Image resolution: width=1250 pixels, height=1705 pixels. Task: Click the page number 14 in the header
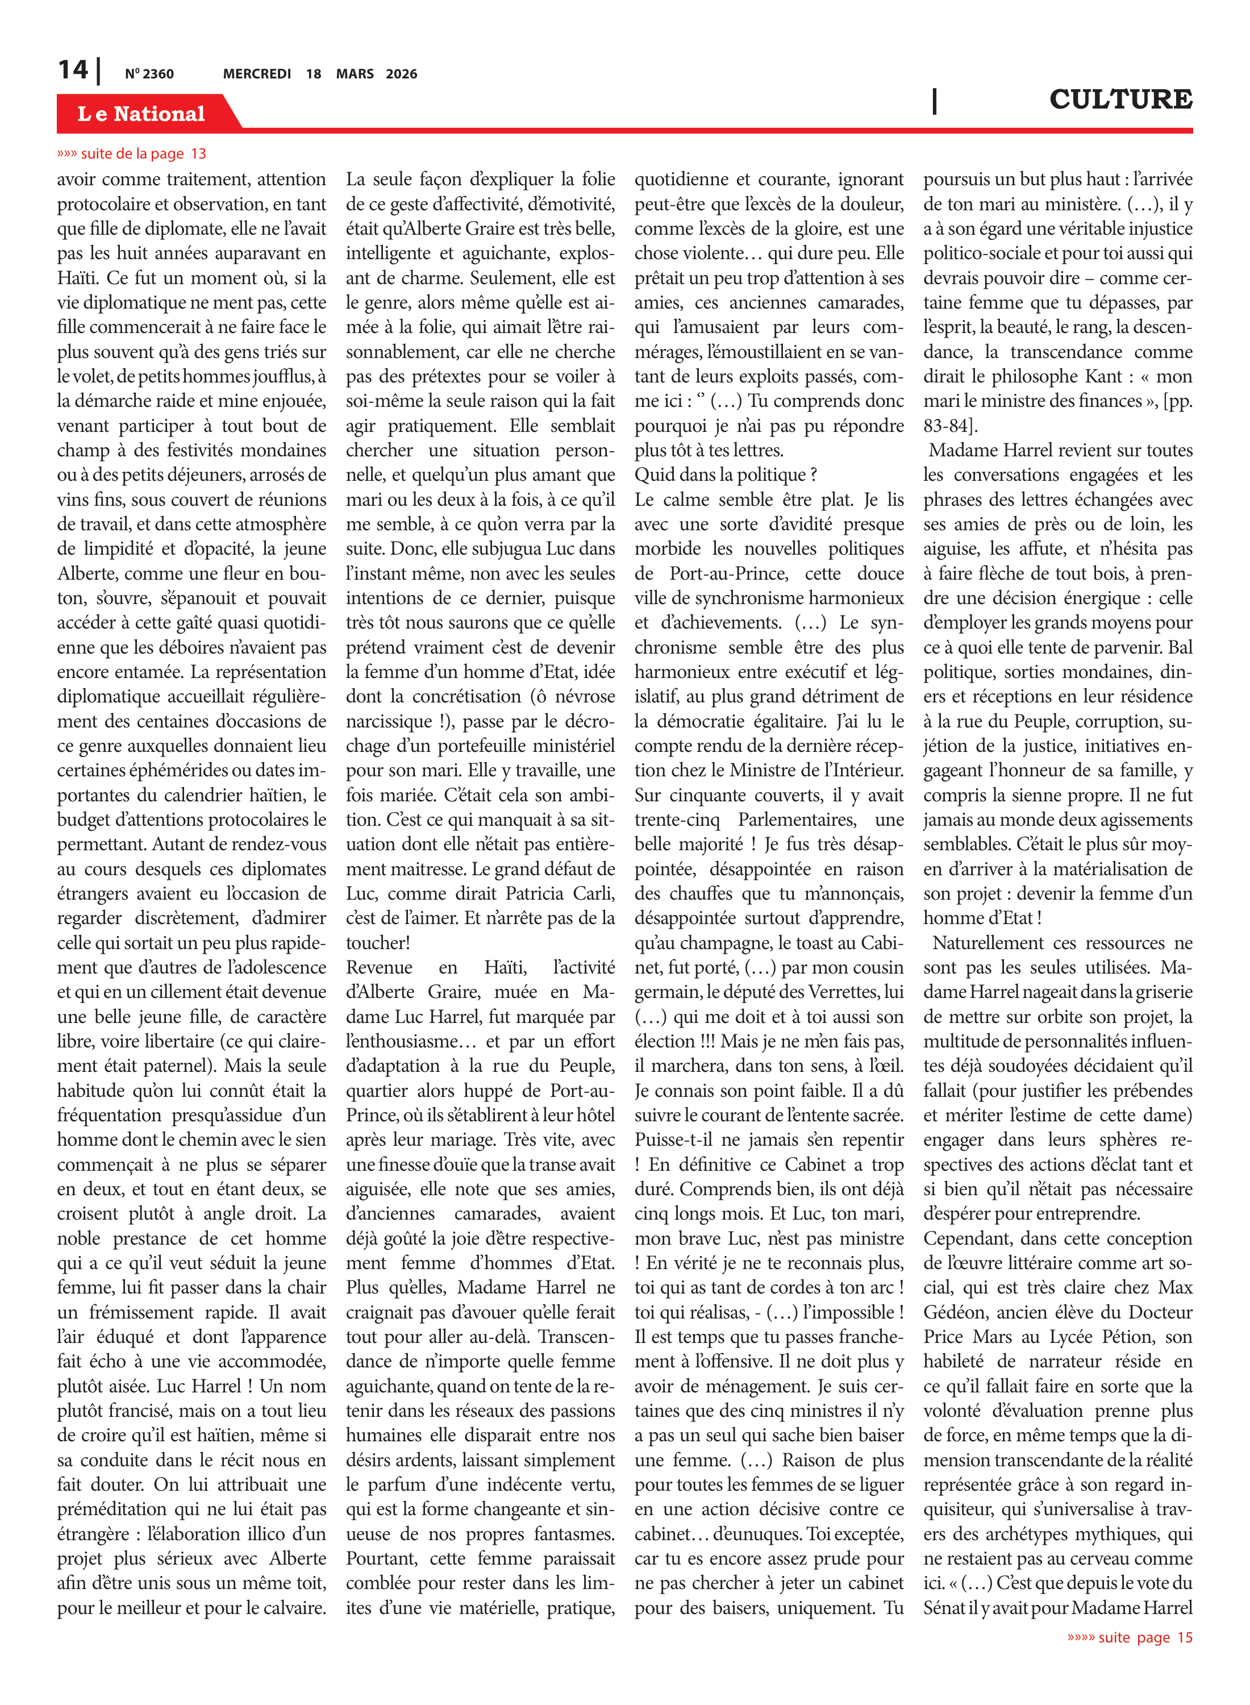73,70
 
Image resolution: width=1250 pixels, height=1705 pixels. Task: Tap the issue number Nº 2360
149,74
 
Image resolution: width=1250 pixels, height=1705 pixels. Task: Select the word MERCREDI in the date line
256,74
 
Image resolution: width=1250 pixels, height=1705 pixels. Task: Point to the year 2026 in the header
401,74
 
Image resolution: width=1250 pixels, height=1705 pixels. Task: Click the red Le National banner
141,114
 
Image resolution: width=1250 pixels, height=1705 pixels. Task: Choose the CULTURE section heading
1120,99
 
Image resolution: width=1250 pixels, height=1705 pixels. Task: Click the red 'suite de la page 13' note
132,153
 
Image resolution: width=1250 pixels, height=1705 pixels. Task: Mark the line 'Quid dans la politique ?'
725,475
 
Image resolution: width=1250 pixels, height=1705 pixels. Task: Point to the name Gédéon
955,1312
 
